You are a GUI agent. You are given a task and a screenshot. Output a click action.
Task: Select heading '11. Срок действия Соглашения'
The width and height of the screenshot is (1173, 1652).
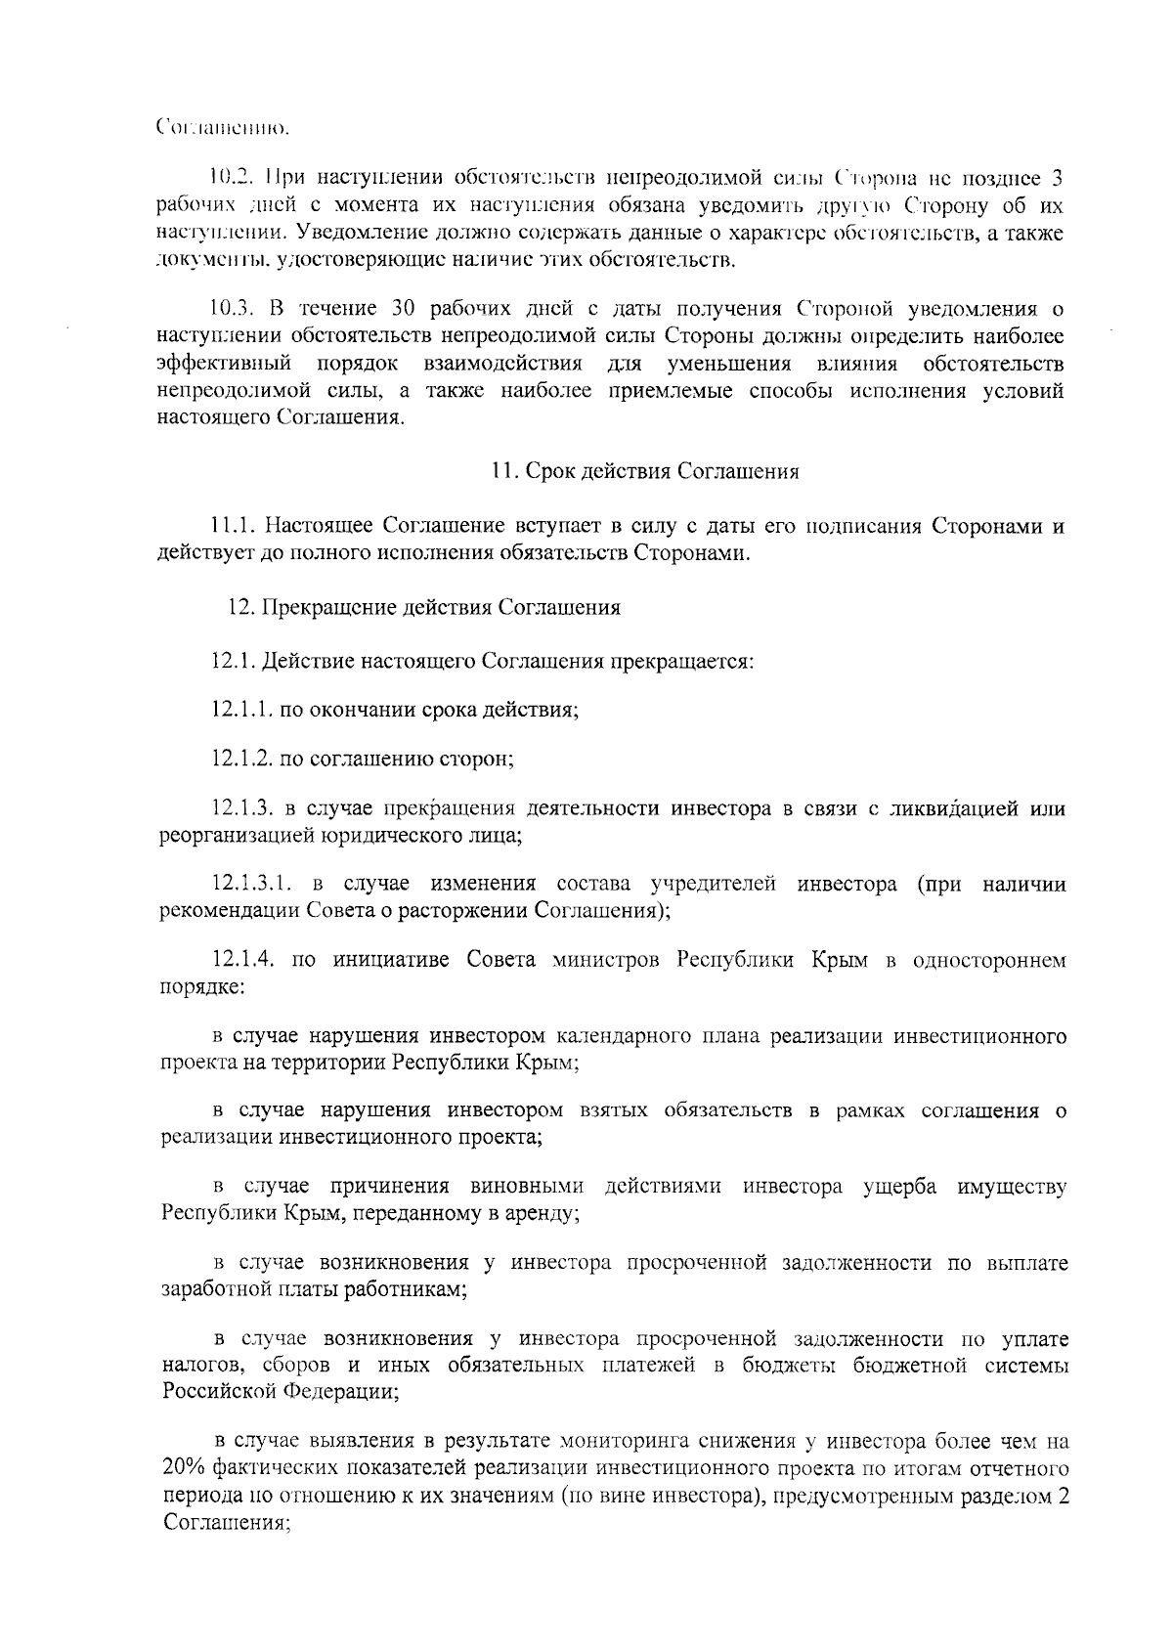coord(645,472)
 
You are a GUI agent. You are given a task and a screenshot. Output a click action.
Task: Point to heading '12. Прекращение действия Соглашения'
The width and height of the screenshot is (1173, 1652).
coord(423,607)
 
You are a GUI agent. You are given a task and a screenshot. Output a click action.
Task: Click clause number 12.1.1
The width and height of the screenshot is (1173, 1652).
coord(241,710)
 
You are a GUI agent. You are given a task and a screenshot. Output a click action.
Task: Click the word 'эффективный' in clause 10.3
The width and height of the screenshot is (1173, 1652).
coord(224,364)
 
